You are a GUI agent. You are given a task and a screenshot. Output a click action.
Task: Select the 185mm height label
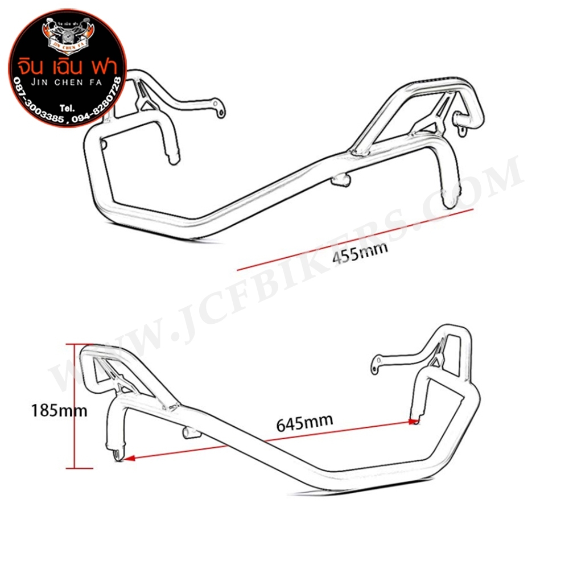point(60,410)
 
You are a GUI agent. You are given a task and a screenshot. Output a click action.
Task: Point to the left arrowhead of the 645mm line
point(129,456)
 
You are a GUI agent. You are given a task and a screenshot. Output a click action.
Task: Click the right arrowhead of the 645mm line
point(414,422)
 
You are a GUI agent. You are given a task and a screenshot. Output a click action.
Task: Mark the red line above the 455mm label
point(355,238)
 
